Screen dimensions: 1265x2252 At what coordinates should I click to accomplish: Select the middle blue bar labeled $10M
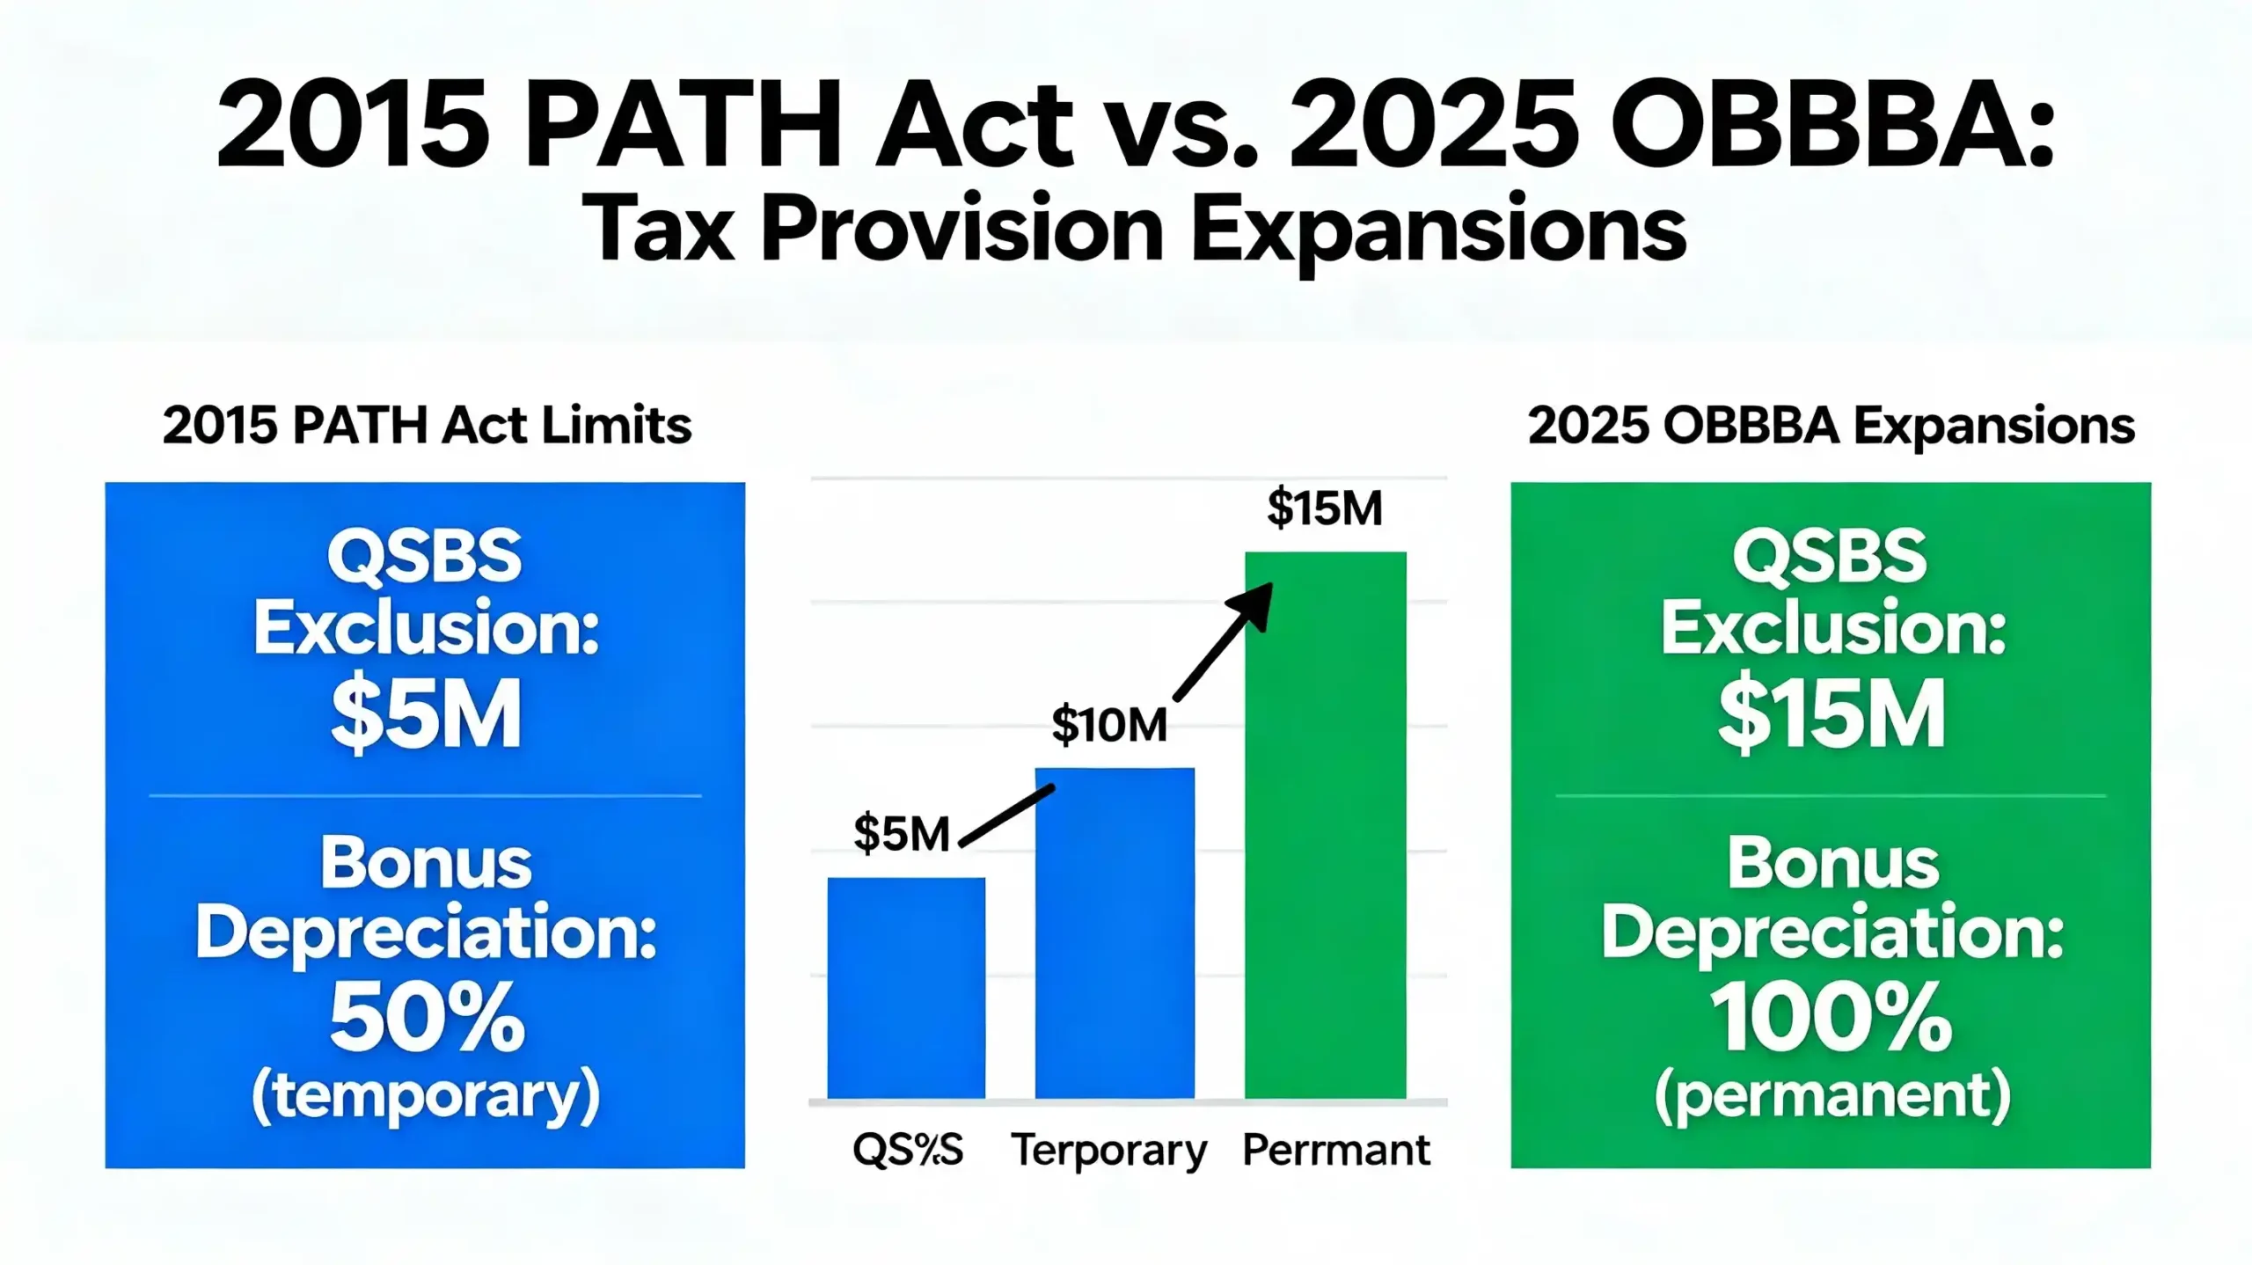coord(1115,932)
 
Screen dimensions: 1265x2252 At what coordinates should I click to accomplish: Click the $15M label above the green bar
coord(1325,508)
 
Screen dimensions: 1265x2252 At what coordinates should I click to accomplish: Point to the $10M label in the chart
coord(1109,726)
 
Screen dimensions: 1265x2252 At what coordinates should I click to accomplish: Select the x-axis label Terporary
coord(1109,1150)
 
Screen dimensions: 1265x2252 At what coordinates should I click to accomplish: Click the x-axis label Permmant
coord(1336,1150)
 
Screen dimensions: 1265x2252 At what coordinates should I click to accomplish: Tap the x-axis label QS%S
coord(908,1150)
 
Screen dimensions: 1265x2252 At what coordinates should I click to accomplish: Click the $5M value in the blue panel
coord(426,713)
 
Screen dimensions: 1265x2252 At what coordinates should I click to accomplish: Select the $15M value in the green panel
coord(1832,713)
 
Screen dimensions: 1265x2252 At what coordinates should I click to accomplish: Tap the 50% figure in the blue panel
coord(427,1019)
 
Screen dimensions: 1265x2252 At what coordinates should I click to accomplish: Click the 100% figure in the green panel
coord(1832,1019)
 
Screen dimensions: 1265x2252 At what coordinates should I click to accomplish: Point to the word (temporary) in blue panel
coord(426,1095)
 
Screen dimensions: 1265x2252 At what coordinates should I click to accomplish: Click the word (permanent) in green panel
coord(1832,1095)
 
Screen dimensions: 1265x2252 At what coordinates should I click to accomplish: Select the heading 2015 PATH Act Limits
coord(427,426)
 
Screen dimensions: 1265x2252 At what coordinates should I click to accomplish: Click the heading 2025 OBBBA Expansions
coord(1832,426)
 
